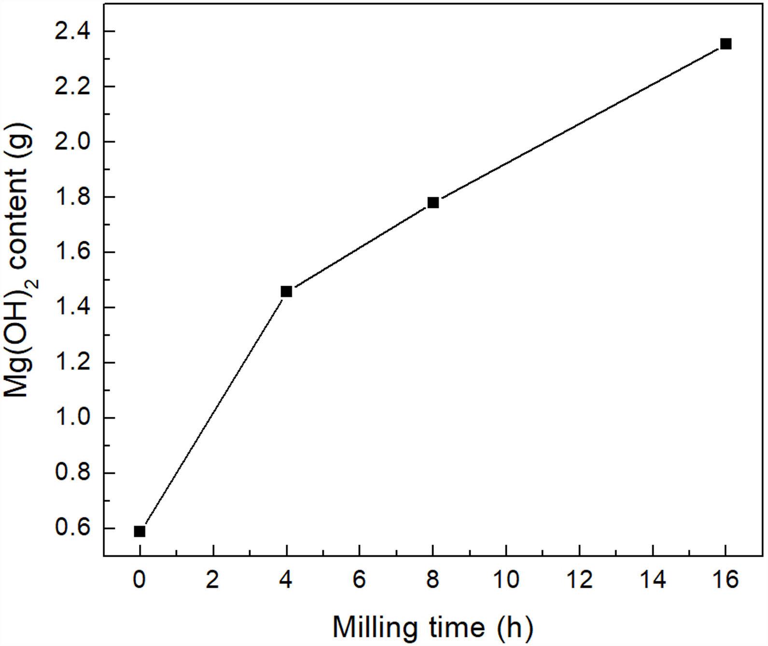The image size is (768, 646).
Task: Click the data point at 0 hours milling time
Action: tap(140, 531)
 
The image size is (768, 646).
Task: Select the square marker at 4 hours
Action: tap(286, 291)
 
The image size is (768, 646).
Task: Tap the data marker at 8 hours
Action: tap(433, 203)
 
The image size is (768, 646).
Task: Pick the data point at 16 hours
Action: tap(726, 44)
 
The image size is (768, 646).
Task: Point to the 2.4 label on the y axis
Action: tap(71, 31)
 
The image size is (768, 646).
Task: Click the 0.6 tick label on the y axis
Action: tap(71, 528)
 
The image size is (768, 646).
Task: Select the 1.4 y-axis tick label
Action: tap(71, 307)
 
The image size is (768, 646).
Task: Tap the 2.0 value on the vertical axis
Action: tap(71, 142)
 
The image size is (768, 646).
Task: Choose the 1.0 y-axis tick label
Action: tap(71, 418)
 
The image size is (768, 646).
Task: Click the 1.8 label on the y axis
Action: tap(71, 197)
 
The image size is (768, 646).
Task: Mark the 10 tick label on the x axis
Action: tap(506, 579)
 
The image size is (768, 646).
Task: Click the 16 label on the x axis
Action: tap(726, 579)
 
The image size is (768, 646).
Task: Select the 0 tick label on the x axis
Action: tap(140, 579)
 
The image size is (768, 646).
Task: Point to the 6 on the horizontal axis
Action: tap(359, 579)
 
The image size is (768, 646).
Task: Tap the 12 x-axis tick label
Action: tap(579, 579)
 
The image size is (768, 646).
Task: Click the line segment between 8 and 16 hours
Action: tap(579, 124)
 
